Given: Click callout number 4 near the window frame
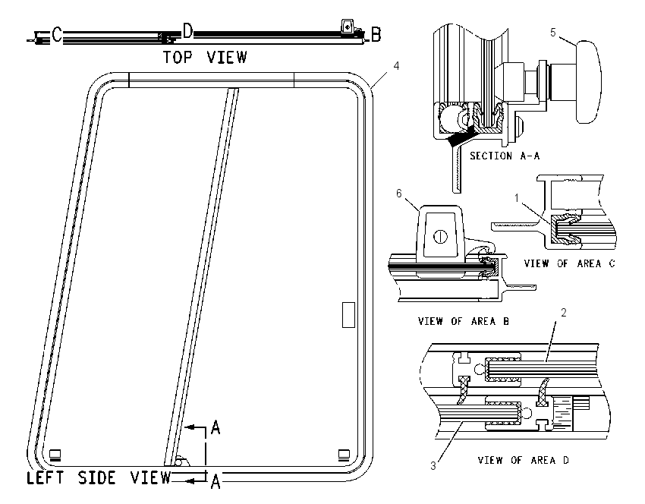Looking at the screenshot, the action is tap(396, 66).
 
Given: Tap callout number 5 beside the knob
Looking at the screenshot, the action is tap(553, 32).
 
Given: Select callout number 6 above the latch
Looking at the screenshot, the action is tap(398, 194).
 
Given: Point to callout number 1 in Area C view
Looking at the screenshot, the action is tap(517, 198).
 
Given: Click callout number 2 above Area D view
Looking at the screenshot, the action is tap(564, 313).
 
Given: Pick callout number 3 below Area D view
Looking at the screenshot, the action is tap(433, 466).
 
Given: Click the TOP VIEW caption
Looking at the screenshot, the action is tap(206, 57).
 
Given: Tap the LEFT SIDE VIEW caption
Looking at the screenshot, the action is tap(99, 477).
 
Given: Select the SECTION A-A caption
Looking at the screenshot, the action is tap(505, 156).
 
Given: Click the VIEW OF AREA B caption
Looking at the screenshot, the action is tap(464, 321).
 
